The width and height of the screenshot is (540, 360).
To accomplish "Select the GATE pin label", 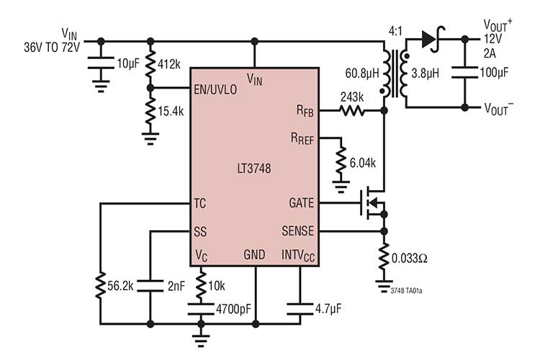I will pyautogui.click(x=300, y=204).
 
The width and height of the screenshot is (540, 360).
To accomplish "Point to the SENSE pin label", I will pyautogui.click(x=297, y=232).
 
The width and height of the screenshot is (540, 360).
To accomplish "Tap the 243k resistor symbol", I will pyautogui.click(x=353, y=111).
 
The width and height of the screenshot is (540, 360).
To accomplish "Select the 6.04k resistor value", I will pyautogui.click(x=361, y=163).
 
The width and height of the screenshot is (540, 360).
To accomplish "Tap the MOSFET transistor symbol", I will pyautogui.click(x=372, y=204).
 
